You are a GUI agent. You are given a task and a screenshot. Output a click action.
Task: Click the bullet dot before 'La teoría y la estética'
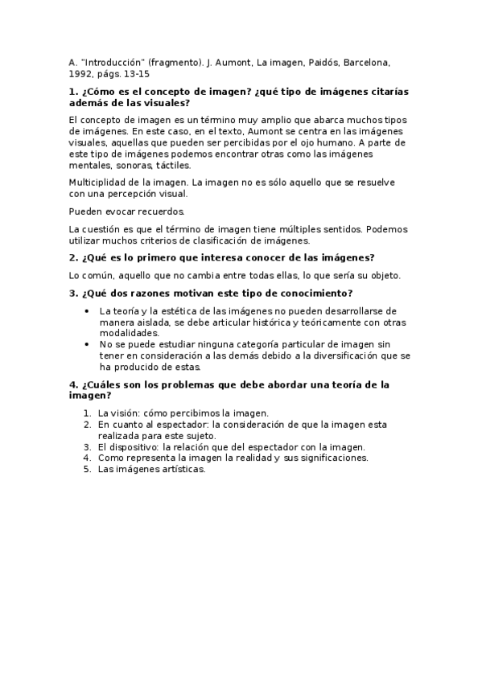pos(87,310)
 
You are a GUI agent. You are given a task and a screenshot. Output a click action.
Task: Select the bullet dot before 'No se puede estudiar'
pos(87,343)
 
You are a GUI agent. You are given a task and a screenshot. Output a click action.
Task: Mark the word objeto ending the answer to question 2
pos(385,275)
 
